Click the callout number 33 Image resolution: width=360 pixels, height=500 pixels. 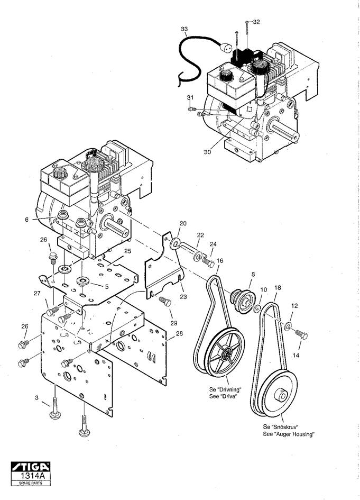coord(184,29)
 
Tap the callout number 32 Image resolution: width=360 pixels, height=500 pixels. coord(256,22)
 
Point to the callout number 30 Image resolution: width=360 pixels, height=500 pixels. coord(207,152)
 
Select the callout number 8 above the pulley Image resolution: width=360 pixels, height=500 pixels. coord(253,274)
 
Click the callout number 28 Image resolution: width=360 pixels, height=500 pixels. coord(179,333)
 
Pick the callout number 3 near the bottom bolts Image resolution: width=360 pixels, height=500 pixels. coord(36,398)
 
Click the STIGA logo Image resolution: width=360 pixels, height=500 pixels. coord(31,467)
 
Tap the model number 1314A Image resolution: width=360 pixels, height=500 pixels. coord(31,476)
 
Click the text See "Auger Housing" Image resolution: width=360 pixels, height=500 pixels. coord(289,434)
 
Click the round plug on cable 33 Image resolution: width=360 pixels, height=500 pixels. coord(226,47)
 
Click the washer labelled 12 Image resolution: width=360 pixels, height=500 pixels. coord(288,326)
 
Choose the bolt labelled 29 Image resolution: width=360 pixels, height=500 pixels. coord(165,302)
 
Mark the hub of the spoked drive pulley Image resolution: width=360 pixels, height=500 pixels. coord(227,353)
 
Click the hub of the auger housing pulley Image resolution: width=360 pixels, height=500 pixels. coord(281,395)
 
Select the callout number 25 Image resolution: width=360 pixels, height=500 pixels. coord(127,251)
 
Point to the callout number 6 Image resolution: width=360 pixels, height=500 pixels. coord(27,220)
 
